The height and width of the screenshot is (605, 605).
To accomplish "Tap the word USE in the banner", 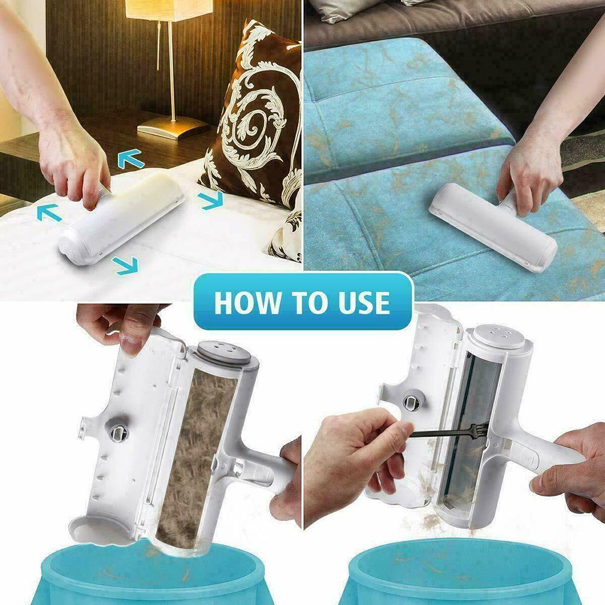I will (358, 302).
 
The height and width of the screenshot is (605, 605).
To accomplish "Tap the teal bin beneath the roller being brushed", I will (460, 575).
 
